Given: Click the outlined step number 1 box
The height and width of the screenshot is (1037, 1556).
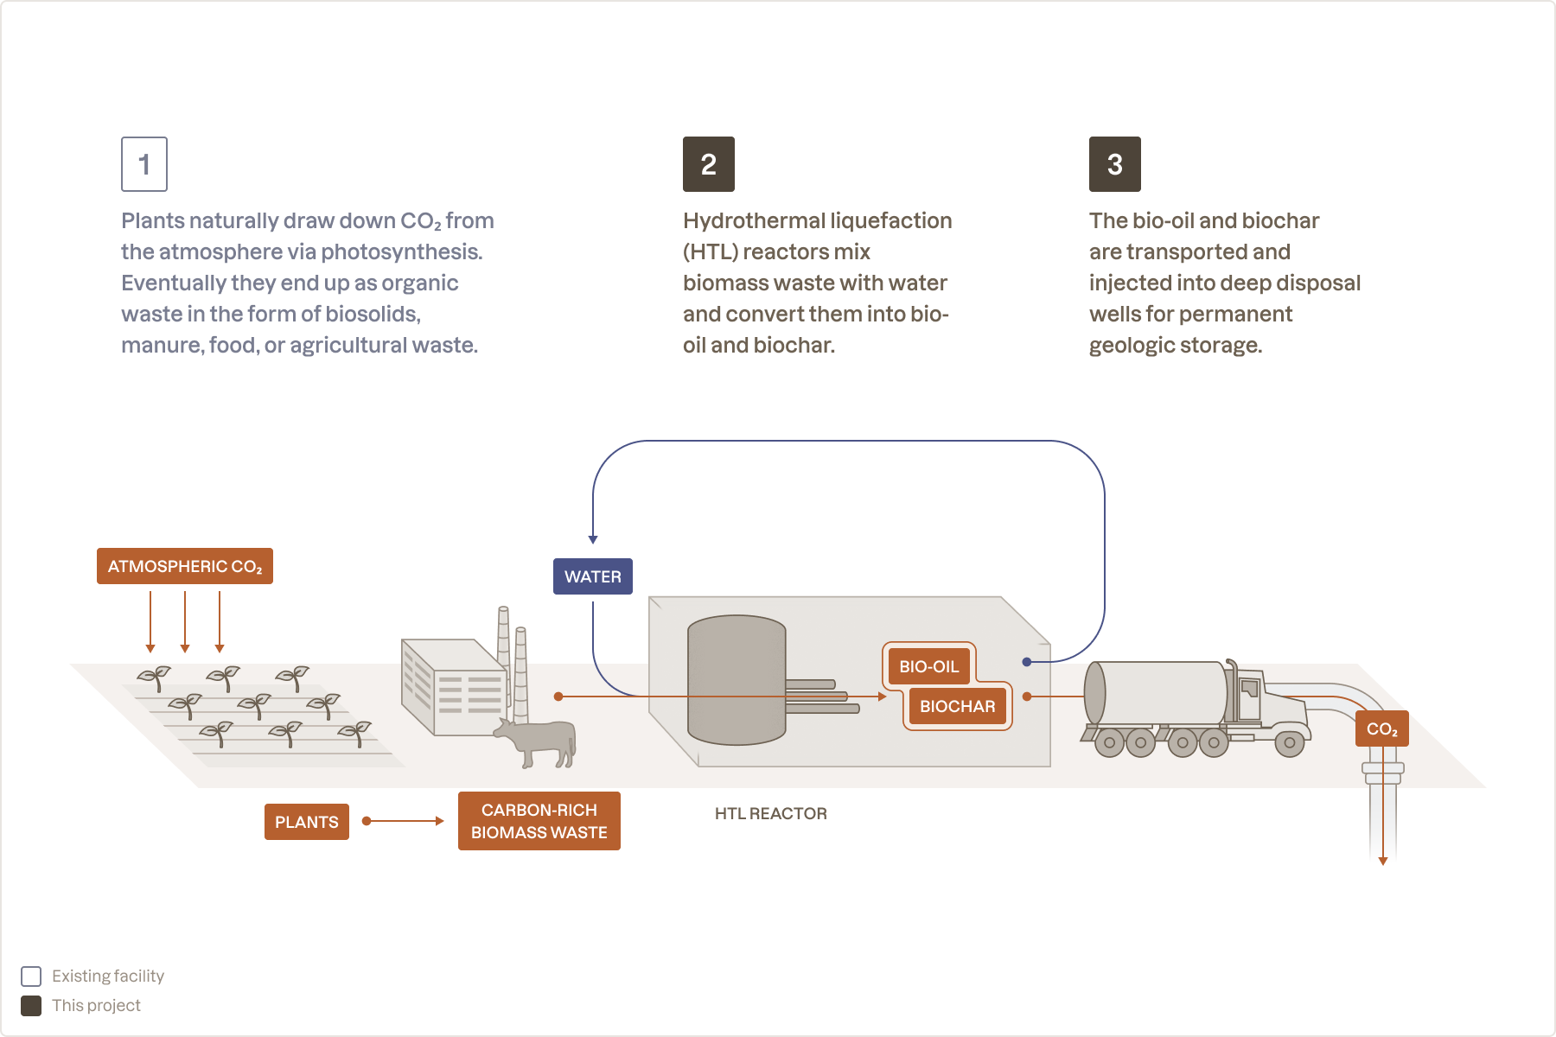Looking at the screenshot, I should (x=144, y=164).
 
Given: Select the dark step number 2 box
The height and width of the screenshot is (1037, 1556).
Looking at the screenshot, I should (x=708, y=164).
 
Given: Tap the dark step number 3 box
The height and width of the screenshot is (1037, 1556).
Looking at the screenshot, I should (x=1114, y=164).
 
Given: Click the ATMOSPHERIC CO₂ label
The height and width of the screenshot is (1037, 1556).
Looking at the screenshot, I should (x=184, y=566).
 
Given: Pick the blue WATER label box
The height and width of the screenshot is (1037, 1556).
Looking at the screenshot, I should (x=592, y=576).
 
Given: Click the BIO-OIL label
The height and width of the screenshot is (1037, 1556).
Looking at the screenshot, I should (x=928, y=666).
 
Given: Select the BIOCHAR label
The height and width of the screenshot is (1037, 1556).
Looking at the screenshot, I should (x=957, y=706).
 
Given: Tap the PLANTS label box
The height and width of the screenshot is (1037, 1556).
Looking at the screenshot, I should (x=306, y=822).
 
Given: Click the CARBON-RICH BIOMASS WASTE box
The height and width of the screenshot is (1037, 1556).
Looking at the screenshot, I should (x=539, y=821).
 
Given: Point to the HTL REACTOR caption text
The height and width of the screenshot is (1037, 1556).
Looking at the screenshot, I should (x=770, y=813).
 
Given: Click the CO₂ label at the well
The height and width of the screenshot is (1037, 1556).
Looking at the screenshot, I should (x=1381, y=728).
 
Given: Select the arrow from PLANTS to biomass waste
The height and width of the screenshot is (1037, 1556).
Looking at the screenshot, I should (x=404, y=821).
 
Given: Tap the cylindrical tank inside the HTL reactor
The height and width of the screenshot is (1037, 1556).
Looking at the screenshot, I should (x=736, y=680).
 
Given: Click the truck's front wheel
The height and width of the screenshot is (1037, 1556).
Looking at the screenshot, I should (x=1289, y=742).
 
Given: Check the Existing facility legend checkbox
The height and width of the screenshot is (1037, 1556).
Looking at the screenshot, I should (x=31, y=977).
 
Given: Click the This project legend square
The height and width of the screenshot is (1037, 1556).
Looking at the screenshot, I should (x=31, y=1006).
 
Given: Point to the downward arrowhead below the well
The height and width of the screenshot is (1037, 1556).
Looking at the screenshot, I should (x=1383, y=861).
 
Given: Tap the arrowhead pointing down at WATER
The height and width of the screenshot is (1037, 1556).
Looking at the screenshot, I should (x=593, y=539).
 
